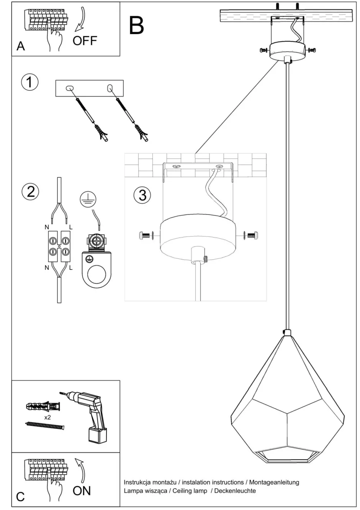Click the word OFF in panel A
(x=85, y=40)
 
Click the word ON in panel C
(x=82, y=490)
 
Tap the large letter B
(x=136, y=25)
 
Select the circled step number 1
(x=30, y=82)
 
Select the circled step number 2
(x=30, y=191)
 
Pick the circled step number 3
(x=142, y=195)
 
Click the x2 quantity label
(x=47, y=417)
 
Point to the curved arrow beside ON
(x=81, y=471)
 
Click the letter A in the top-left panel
(x=21, y=46)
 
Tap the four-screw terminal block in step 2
(x=59, y=246)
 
